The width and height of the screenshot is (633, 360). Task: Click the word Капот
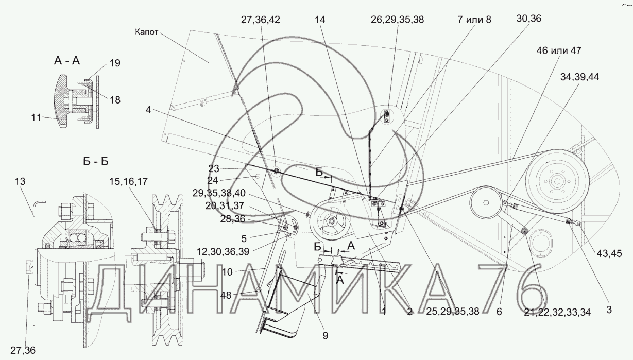(146, 32)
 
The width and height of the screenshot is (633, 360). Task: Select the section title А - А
(67, 60)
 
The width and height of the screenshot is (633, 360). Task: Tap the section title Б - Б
(96, 161)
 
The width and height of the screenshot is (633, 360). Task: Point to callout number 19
(115, 63)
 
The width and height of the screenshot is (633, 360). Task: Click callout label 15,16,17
(129, 181)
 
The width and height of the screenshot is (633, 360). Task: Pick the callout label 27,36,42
(260, 20)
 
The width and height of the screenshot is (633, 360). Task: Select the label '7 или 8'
(474, 20)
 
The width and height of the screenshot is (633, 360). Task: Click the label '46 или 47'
(559, 50)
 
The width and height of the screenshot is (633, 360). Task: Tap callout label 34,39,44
(579, 77)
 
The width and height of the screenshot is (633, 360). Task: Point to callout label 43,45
(609, 253)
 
